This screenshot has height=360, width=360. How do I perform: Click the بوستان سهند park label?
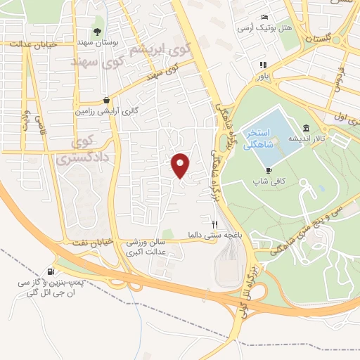[x=117, y=43]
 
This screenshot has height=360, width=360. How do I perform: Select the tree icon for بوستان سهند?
[x=97, y=31]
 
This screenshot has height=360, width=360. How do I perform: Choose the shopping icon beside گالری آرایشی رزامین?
[x=105, y=100]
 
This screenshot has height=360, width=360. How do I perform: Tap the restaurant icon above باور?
[x=263, y=65]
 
